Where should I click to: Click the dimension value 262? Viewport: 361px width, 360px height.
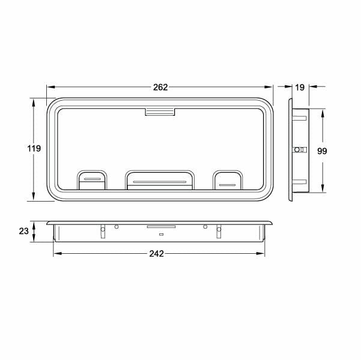click(x=160, y=87)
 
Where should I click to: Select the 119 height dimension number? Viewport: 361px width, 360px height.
click(x=34, y=148)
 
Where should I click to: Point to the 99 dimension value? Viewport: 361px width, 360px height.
click(x=321, y=152)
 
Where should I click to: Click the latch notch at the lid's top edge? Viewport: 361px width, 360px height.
click(x=160, y=112)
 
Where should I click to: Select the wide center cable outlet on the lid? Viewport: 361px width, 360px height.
click(x=160, y=180)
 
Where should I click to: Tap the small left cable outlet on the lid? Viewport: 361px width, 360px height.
click(x=93, y=179)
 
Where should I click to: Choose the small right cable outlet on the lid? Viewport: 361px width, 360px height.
click(x=228, y=180)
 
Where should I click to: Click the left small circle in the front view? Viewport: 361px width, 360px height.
click(x=117, y=226)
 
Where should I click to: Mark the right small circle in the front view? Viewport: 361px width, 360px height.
click(x=205, y=226)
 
